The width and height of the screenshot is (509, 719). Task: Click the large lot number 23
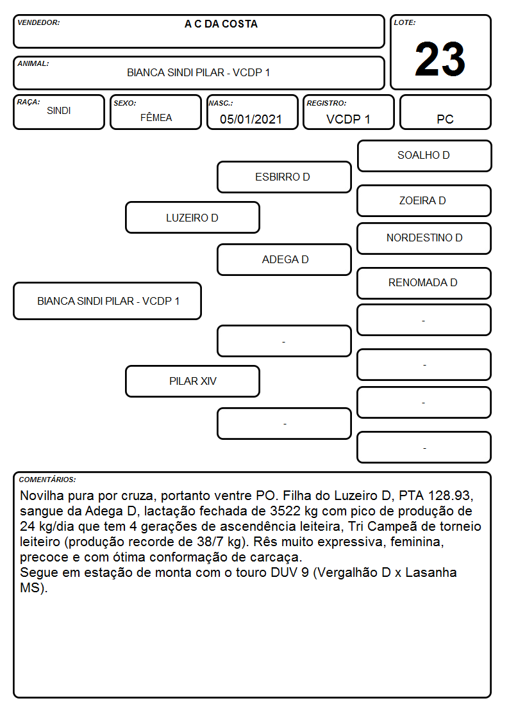point(440,59)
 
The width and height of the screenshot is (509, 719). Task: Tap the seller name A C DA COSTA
point(221,24)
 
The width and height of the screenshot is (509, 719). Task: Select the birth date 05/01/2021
point(251,119)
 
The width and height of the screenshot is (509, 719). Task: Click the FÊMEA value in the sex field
point(156,117)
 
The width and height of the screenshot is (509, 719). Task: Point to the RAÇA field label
point(28,102)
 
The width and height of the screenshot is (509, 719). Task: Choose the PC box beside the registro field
point(445,112)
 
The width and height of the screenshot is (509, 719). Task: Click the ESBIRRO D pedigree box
point(284,177)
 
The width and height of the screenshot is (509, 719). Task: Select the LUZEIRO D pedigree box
point(192,218)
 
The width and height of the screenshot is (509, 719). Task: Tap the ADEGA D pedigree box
point(284,259)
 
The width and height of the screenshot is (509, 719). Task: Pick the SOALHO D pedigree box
point(424,156)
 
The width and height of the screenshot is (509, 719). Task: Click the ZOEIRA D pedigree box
point(424,201)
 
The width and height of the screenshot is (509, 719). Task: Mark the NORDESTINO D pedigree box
point(424,238)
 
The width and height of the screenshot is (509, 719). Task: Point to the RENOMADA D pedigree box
point(424,283)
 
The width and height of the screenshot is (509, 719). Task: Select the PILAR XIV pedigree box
point(192,381)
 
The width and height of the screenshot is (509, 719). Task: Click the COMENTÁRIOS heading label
point(47,480)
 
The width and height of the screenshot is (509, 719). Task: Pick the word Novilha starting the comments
point(42,496)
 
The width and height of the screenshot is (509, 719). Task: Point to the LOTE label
point(405,22)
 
